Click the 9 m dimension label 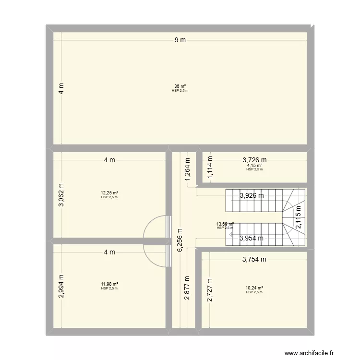180,40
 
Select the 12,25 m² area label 109,193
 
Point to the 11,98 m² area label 109,284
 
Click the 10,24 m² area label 254,288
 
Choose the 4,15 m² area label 254,166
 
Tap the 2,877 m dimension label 187,287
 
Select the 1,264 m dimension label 187,170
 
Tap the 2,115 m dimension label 298,216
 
